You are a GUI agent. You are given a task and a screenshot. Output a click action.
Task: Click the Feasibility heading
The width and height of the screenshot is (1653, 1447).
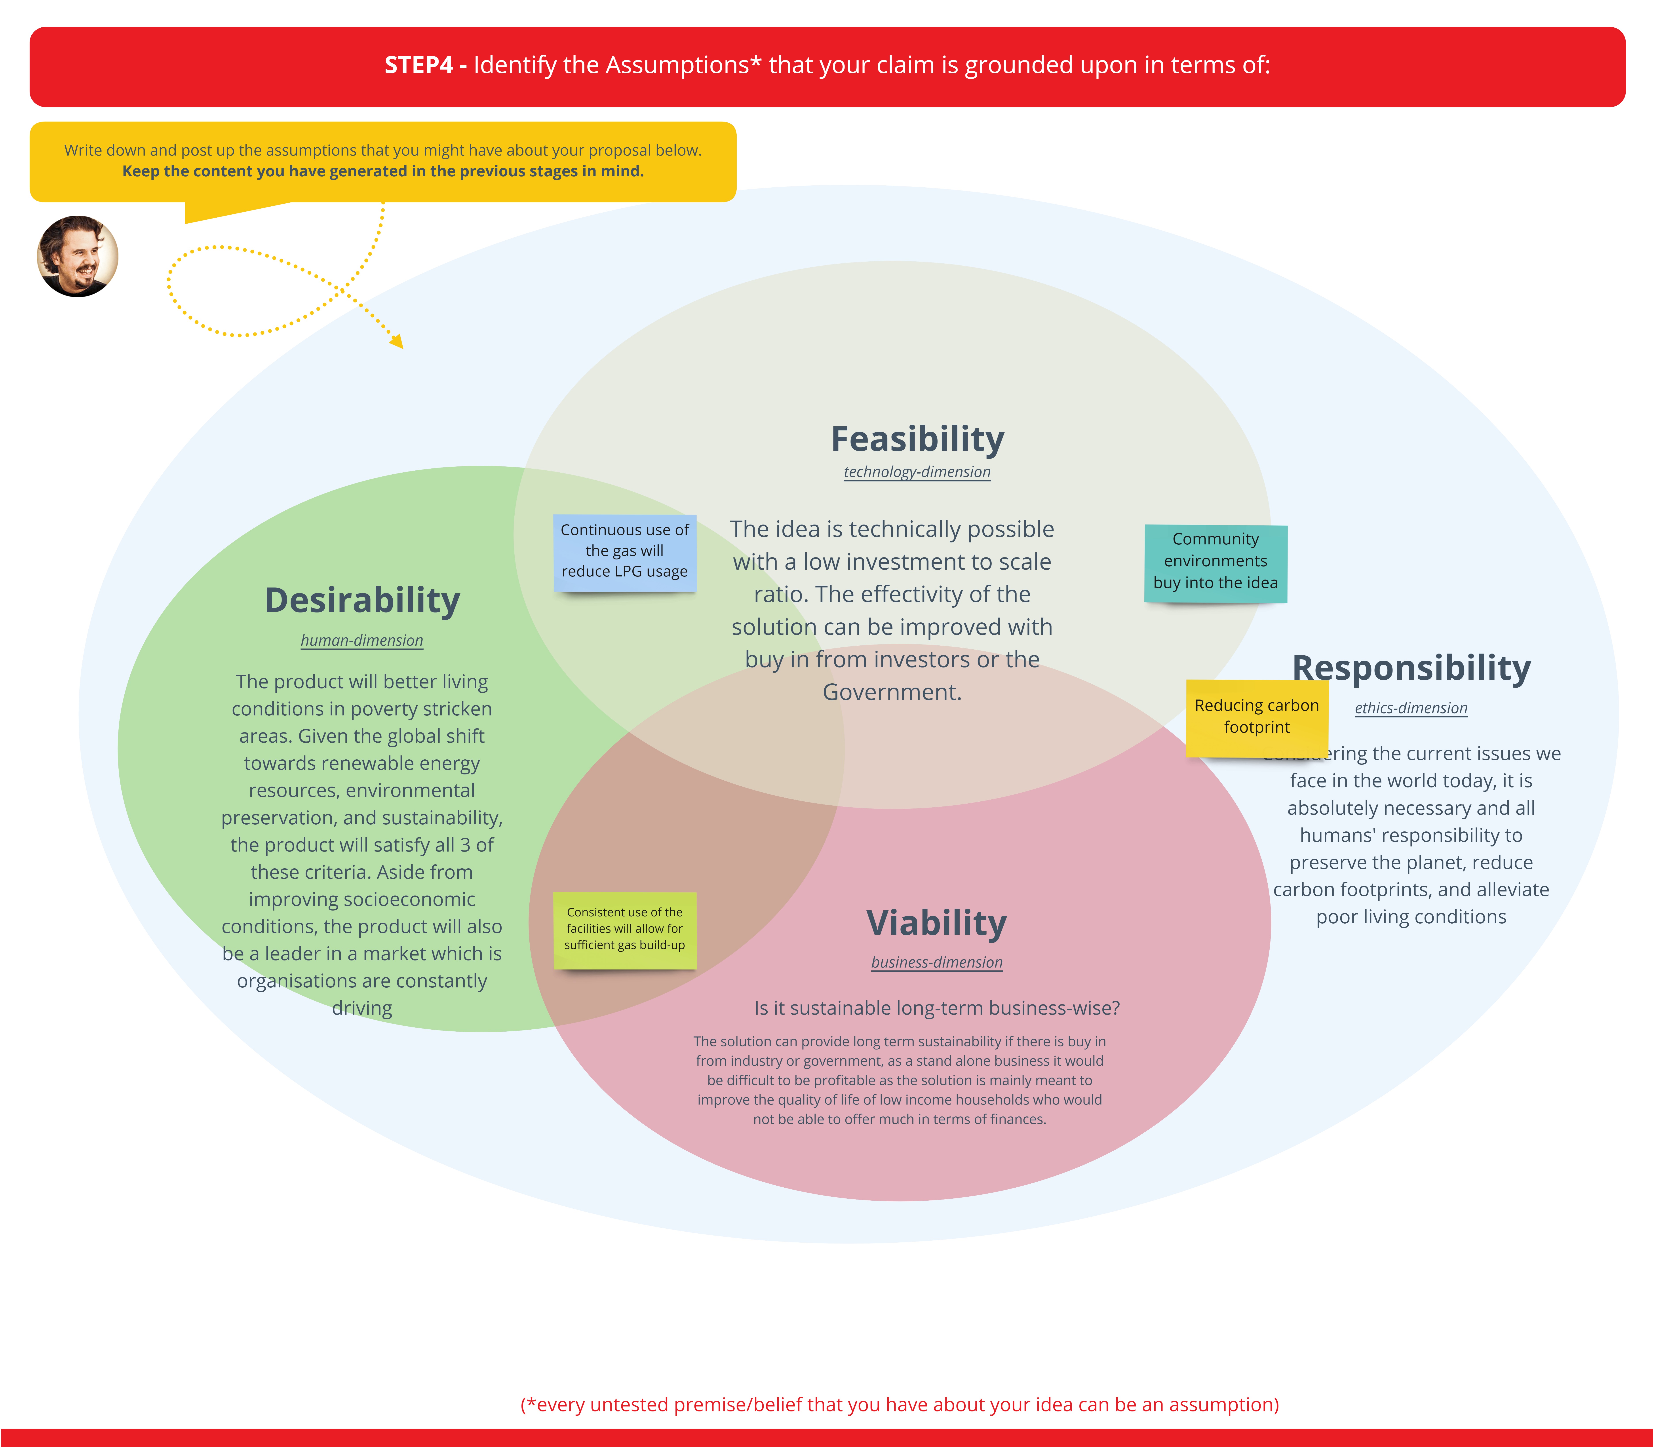pyautogui.click(x=917, y=439)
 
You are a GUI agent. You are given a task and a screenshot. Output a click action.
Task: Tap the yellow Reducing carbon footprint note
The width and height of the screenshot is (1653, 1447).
pyautogui.click(x=1257, y=717)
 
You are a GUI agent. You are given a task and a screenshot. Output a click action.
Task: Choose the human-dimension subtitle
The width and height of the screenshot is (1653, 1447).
pyautogui.click(x=362, y=640)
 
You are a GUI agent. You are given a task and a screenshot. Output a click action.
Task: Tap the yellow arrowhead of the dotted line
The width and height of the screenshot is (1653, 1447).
pyautogui.click(x=396, y=342)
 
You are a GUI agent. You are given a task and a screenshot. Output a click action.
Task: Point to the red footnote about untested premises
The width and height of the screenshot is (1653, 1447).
pyautogui.click(x=900, y=1405)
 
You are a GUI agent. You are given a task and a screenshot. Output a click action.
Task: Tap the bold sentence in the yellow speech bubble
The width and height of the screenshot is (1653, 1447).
pyautogui.click(x=383, y=171)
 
